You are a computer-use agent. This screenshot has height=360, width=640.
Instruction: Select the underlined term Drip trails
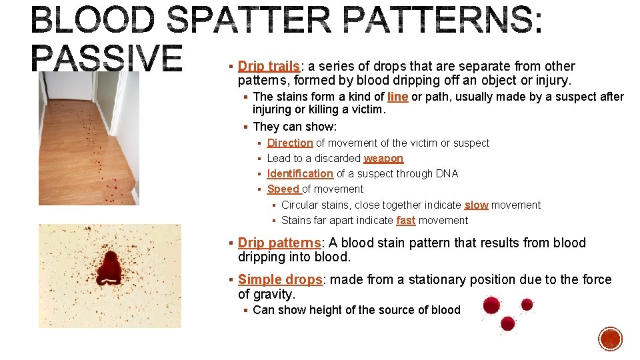(x=269, y=66)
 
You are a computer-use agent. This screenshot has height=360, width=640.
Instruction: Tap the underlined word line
(x=397, y=97)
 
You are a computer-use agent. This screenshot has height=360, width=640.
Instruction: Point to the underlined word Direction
(x=290, y=143)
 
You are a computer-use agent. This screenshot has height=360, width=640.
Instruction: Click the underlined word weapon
(x=383, y=158)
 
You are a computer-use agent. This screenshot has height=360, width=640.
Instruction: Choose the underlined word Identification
(x=300, y=173)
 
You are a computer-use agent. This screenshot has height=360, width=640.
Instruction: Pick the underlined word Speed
(x=283, y=189)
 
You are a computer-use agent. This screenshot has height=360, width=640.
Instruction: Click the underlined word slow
(x=476, y=205)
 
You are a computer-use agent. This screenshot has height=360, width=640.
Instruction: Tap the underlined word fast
(x=405, y=220)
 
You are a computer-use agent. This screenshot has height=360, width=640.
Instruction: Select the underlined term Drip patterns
(x=279, y=243)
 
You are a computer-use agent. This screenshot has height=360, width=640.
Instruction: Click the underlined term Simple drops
(x=280, y=279)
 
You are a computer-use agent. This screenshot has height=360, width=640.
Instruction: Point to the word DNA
(x=448, y=173)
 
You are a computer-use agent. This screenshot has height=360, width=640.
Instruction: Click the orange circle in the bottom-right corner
(x=610, y=339)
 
